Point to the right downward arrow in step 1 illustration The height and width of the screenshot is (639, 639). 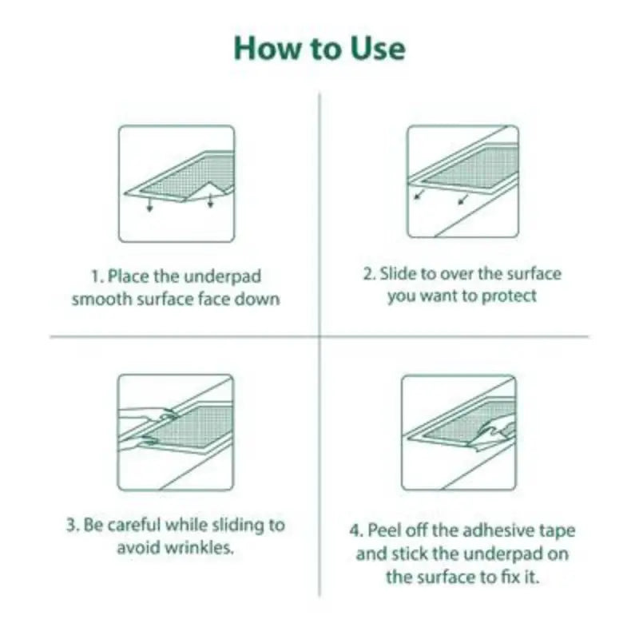[x=211, y=201]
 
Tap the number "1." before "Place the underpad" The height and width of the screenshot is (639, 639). [x=97, y=276]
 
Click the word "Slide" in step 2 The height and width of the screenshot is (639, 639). [x=397, y=274]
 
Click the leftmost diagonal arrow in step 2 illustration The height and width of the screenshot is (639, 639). [x=419, y=194]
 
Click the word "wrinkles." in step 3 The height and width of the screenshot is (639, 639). [x=204, y=549]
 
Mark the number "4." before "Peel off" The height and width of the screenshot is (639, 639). [x=356, y=530]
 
